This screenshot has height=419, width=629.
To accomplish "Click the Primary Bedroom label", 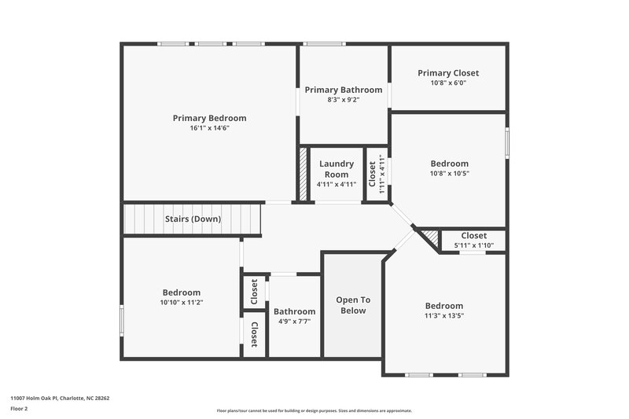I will click(x=209, y=118).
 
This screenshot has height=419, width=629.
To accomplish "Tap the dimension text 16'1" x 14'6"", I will click(x=209, y=128).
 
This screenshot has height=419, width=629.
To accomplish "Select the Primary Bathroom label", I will click(x=344, y=90).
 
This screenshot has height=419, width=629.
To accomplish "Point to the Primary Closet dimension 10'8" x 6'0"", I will click(x=448, y=83).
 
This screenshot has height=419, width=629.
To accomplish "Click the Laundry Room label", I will click(x=337, y=169).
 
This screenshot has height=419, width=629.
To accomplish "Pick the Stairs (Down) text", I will click(x=193, y=219).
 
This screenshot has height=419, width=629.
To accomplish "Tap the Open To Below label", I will click(x=353, y=305).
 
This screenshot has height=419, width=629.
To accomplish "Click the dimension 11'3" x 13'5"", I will click(x=444, y=316).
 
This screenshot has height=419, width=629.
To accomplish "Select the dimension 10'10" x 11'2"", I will click(x=182, y=302).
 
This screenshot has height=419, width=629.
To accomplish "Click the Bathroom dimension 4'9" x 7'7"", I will click(x=295, y=322).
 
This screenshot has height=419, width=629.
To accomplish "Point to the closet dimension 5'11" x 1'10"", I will click(x=473, y=245).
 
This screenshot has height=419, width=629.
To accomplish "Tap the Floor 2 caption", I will click(x=20, y=409).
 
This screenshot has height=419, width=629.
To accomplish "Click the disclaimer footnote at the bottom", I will click(x=314, y=410).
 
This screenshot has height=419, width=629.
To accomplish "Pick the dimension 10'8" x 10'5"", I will click(x=448, y=174).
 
